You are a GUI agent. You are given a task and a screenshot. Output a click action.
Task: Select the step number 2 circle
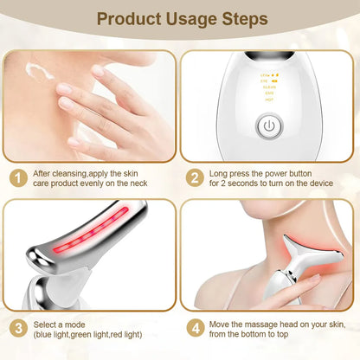[196, 178]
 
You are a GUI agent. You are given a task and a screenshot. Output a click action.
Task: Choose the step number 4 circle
[196, 330]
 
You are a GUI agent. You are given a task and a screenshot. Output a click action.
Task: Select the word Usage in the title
[184, 18]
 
